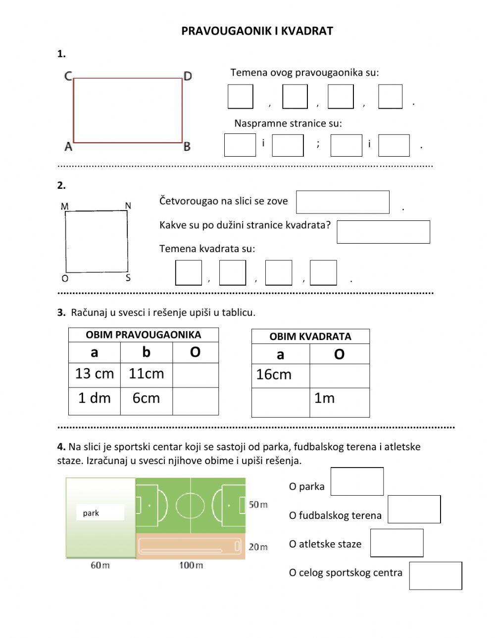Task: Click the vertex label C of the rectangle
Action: click(x=68, y=76)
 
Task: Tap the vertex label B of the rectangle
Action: click(x=187, y=147)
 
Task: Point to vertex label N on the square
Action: click(x=128, y=206)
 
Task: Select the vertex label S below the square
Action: click(x=128, y=278)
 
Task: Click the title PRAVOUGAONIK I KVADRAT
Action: click(x=257, y=31)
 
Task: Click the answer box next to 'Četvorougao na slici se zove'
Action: click(x=343, y=202)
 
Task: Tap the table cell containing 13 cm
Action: click(x=95, y=374)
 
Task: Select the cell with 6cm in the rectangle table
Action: click(x=146, y=398)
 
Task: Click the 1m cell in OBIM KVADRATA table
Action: click(x=339, y=398)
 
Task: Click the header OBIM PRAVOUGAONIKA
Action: click(x=143, y=335)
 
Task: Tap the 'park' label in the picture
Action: click(x=91, y=513)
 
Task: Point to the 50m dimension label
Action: click(x=258, y=505)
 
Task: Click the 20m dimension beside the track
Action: click(x=258, y=547)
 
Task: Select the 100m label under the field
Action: click(x=191, y=565)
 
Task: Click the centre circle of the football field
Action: click(x=191, y=505)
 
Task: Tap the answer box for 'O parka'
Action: click(x=357, y=481)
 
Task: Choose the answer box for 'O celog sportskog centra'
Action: click(x=435, y=576)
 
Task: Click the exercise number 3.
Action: click(x=61, y=312)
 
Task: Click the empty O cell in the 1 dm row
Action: click(x=195, y=401)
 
